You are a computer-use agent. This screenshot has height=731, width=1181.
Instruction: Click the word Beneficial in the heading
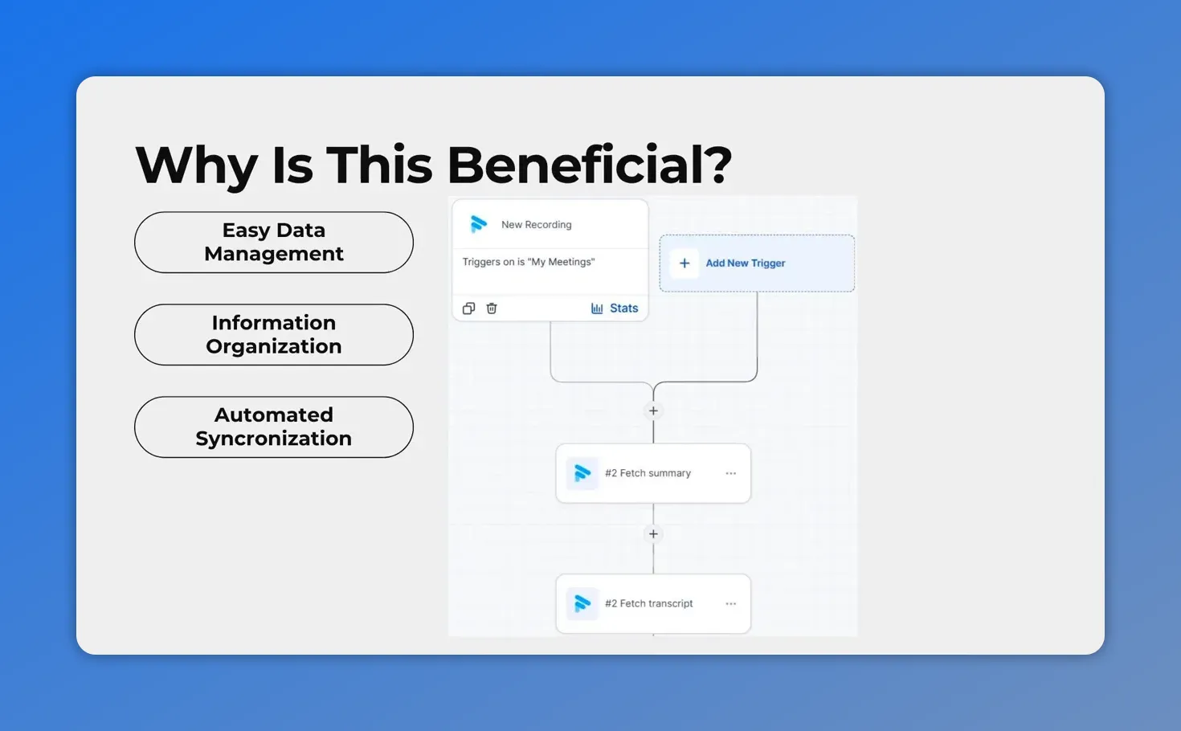pos(588,165)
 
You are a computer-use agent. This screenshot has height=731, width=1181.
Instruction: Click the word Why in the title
pos(196,166)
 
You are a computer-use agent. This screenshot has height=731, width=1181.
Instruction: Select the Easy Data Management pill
pos(274,242)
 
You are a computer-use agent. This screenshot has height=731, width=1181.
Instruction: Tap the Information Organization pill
pos(274,334)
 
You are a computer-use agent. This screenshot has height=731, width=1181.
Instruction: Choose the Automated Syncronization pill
pos(274,427)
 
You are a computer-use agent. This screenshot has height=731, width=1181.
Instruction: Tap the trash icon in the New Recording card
pos(492,308)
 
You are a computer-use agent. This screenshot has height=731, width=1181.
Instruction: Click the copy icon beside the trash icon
pos(469,308)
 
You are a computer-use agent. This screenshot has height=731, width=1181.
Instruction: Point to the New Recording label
pos(536,225)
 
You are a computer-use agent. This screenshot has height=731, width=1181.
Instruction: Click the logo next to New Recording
pos(479,224)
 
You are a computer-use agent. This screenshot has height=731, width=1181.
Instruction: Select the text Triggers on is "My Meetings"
pos(529,262)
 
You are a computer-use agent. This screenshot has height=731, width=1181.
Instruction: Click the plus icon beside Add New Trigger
pos(684,263)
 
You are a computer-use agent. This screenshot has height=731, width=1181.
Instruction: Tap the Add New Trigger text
pos(745,263)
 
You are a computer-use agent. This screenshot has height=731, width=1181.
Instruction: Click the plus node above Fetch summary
pos(653,411)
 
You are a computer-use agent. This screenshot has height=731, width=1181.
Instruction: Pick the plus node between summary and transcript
pos(653,534)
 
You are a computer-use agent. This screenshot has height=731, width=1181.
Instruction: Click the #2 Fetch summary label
pos(648,473)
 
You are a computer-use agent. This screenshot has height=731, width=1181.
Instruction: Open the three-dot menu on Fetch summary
pos(730,473)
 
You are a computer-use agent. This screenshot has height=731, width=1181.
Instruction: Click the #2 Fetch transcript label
pos(648,603)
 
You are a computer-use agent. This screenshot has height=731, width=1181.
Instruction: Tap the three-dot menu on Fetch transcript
pos(730,603)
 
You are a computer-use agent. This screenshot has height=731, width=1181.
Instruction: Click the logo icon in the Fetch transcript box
pos(582,603)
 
